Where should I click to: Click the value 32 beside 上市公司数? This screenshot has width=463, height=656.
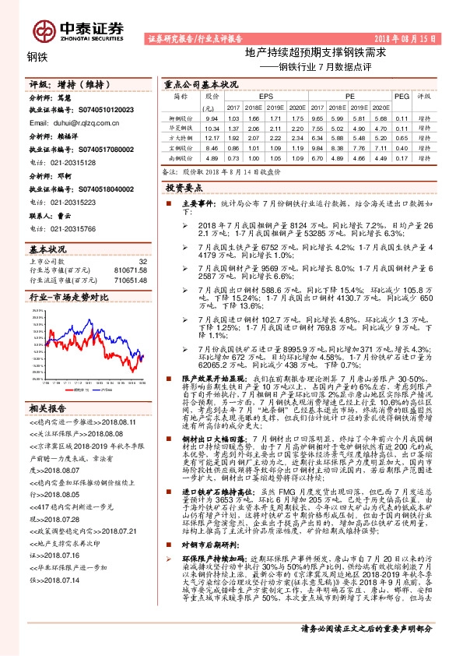pos(142,261)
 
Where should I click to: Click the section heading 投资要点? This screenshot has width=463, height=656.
pos(184,188)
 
